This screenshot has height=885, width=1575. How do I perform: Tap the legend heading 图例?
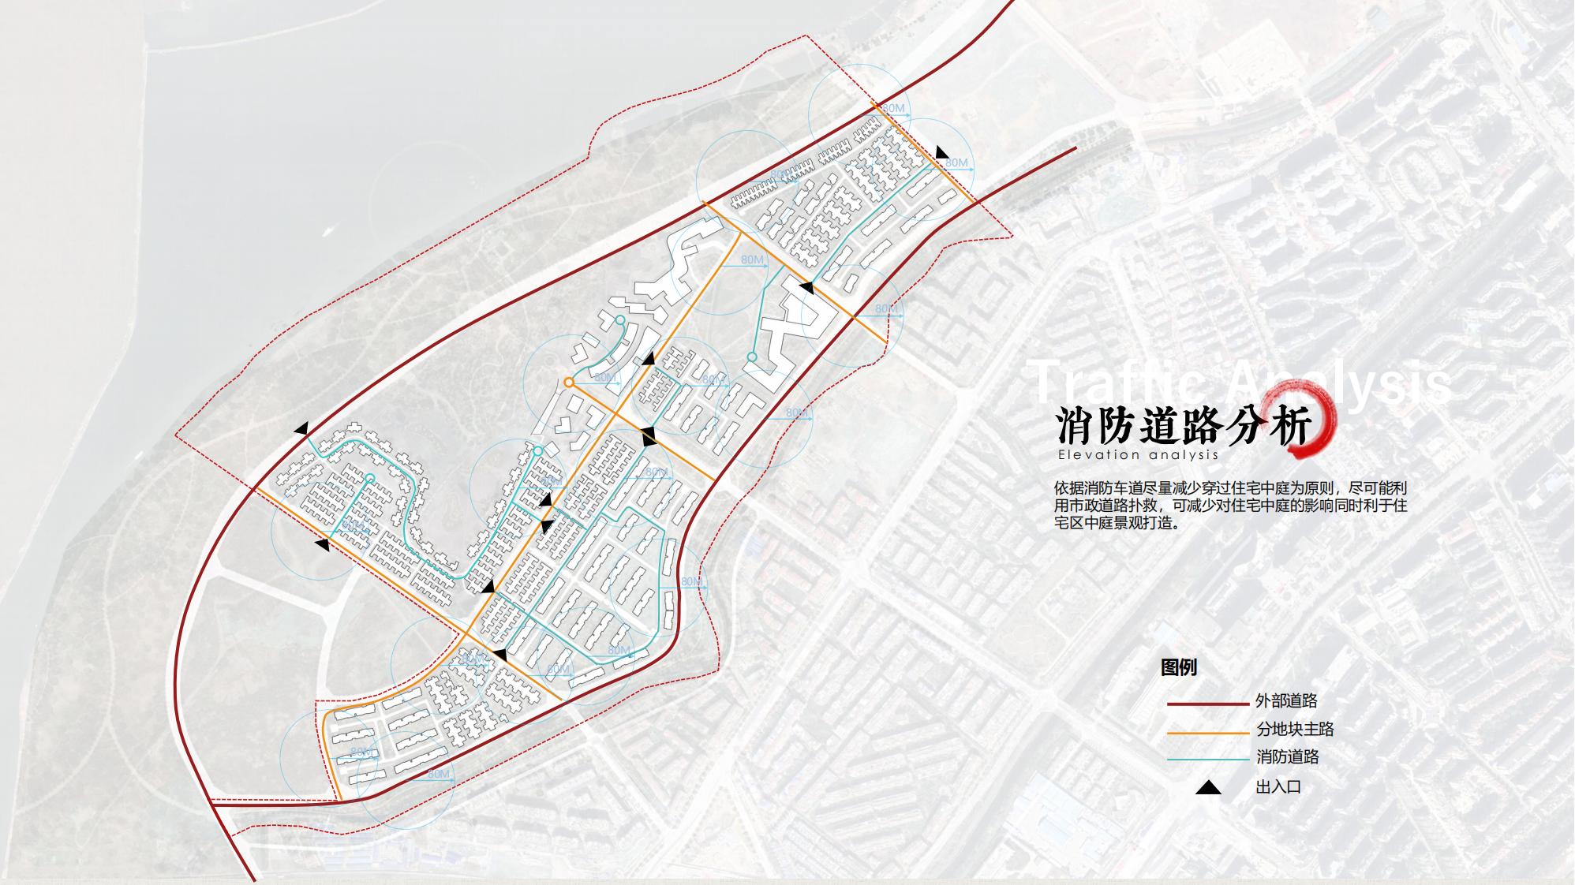pyautogui.click(x=1179, y=667)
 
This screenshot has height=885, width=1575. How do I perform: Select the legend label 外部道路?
pyautogui.click(x=1286, y=700)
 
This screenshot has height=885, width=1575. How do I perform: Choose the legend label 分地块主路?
pyautogui.click(x=1295, y=729)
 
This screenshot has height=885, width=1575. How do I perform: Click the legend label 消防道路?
pyautogui.click(x=1287, y=757)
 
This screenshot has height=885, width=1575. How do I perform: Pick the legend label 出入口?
pyautogui.click(x=1278, y=786)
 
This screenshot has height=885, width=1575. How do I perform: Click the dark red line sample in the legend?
pyautogui.click(x=1207, y=703)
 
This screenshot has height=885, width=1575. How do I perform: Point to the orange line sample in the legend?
pyautogui.click(x=1207, y=732)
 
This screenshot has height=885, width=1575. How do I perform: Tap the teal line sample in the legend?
pyautogui.click(x=1207, y=760)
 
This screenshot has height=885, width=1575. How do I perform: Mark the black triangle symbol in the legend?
pyautogui.click(x=1208, y=787)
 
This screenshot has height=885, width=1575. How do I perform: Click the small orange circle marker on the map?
pyautogui.click(x=569, y=383)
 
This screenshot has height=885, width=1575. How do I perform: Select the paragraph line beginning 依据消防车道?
pyautogui.click(x=1230, y=487)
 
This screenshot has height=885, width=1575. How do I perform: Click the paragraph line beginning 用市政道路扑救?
pyautogui.click(x=1230, y=505)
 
